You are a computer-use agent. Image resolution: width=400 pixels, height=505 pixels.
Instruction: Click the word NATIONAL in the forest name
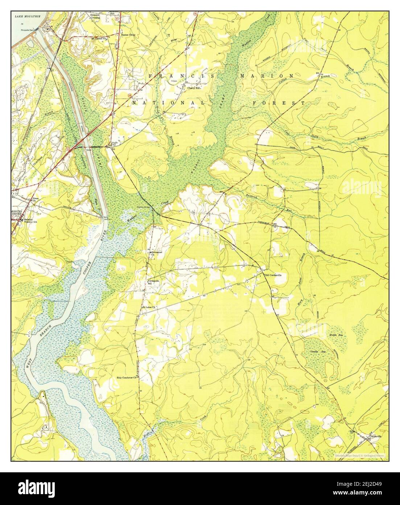(168, 103)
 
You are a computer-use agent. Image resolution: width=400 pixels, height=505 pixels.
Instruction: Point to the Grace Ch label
(36, 199)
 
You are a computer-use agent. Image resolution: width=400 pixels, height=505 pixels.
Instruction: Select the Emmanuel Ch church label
(156, 252)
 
